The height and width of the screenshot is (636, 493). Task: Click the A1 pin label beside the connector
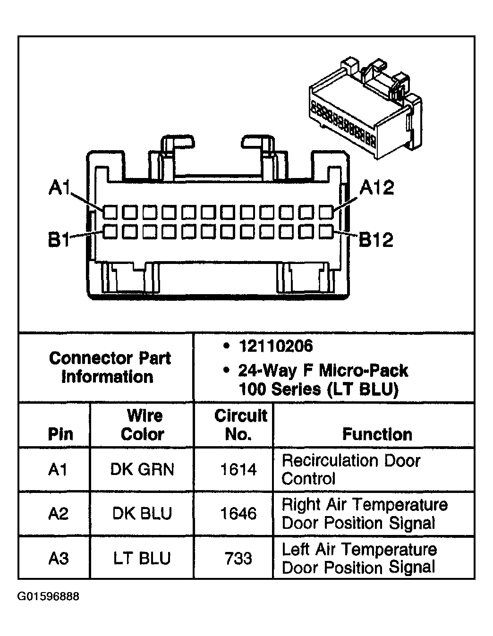pos(59,188)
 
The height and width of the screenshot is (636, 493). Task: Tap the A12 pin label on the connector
pos(376,188)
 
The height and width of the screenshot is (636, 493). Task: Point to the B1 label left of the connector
pos(59,240)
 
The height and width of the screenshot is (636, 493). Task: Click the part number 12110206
pos(276,347)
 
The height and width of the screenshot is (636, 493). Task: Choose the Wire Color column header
pos(143,425)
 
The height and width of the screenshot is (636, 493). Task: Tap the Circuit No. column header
pos(240,425)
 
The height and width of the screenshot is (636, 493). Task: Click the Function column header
pos(377,434)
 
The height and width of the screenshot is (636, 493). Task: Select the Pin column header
pos(60,434)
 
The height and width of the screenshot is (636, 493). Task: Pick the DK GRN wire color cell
pos(142,469)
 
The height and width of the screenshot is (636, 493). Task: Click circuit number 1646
pos(238,514)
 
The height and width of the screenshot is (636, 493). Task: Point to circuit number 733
pos(238,559)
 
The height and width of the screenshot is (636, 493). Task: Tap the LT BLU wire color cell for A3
pos(142,559)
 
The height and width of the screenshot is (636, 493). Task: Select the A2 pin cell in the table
pos(58,514)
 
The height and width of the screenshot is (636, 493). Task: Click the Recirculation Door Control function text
pos(350,469)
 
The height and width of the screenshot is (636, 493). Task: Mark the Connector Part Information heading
pos(109,367)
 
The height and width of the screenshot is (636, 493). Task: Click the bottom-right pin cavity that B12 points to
pos(326,231)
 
